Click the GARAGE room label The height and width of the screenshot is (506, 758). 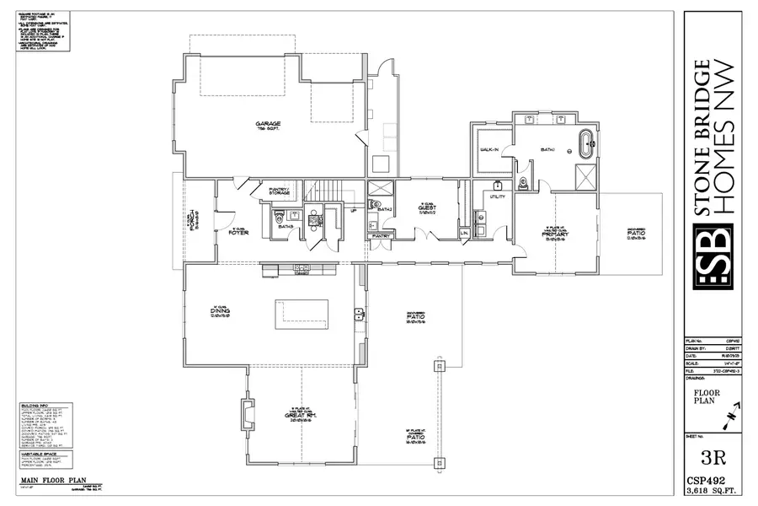click(x=268, y=124)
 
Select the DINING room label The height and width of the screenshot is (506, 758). click(x=221, y=310)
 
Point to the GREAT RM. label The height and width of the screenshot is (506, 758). click(x=301, y=416)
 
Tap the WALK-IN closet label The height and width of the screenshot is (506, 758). click(x=490, y=149)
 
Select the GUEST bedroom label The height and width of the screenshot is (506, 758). click(x=425, y=209)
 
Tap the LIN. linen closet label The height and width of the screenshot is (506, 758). click(x=464, y=233)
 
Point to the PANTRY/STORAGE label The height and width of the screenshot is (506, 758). click(x=279, y=191)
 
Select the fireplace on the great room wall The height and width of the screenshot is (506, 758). click(x=248, y=414)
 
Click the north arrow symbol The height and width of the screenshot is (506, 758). click(x=731, y=413)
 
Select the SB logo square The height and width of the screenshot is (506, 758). click(x=710, y=256)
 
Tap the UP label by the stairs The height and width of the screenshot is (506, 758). click(x=352, y=211)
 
